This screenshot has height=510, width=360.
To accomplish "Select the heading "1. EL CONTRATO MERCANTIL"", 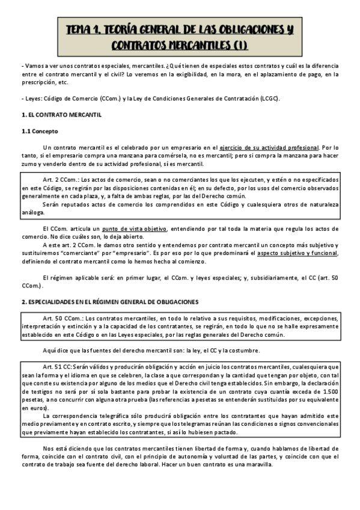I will click(61, 114).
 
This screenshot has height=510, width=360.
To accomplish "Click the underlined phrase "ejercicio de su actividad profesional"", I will click(269, 147).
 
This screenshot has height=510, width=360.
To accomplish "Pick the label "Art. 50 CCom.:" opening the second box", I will click(63, 318).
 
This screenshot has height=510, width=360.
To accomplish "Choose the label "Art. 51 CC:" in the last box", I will click(58, 366).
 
